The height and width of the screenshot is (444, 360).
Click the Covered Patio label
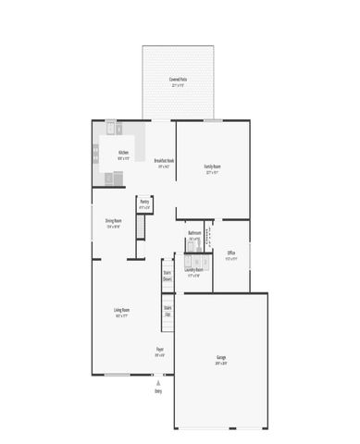pyautogui.click(x=178, y=80)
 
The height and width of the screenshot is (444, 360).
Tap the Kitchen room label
pyautogui.click(x=123, y=152)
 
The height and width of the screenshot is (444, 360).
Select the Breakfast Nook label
pyautogui.click(x=164, y=161)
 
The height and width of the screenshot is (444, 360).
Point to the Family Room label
pyautogui.click(x=213, y=166)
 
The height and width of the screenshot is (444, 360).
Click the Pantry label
pyautogui.click(x=143, y=201)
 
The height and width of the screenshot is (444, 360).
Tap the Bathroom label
pyautogui.click(x=194, y=232)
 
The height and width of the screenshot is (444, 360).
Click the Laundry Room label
pyautogui.click(x=194, y=269)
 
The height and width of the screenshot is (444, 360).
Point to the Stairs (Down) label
pyautogui.click(x=168, y=275)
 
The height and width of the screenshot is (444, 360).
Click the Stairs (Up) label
pyautogui.click(x=168, y=310)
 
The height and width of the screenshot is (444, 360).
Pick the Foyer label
pyautogui.click(x=159, y=349)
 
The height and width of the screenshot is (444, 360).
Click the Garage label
pyautogui.click(x=221, y=356)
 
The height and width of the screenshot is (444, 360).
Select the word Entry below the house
pyautogui.click(x=158, y=390)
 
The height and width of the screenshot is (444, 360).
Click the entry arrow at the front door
pyautogui.click(x=158, y=380)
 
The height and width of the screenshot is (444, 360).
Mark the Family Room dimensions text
pyautogui.click(x=213, y=172)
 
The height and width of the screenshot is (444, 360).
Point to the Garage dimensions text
pyautogui.click(x=221, y=362)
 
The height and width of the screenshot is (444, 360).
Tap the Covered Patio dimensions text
pyautogui.click(x=178, y=85)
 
